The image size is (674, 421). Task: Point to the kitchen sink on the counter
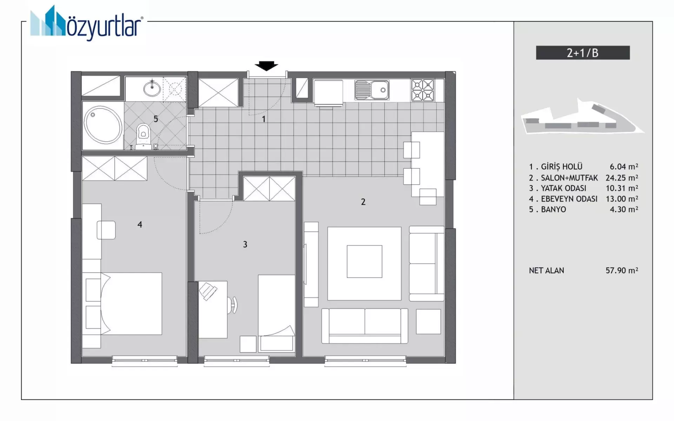click(x=372, y=90)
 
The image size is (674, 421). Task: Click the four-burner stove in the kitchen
click(x=423, y=90)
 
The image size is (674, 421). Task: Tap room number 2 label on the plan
click(x=363, y=202)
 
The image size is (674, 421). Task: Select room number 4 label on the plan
click(x=140, y=225)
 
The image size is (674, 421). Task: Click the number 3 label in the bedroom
click(x=245, y=245)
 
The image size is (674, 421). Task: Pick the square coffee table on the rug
click(x=364, y=261)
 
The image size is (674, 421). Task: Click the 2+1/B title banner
click(x=583, y=53)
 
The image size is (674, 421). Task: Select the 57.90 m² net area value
click(x=622, y=270)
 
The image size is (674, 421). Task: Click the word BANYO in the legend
click(x=554, y=209)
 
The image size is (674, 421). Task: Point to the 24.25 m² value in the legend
click(x=622, y=178)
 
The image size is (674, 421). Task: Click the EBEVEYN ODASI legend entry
click(x=569, y=199)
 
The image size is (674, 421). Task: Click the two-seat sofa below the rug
click(x=365, y=326)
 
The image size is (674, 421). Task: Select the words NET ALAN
click(x=547, y=270)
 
